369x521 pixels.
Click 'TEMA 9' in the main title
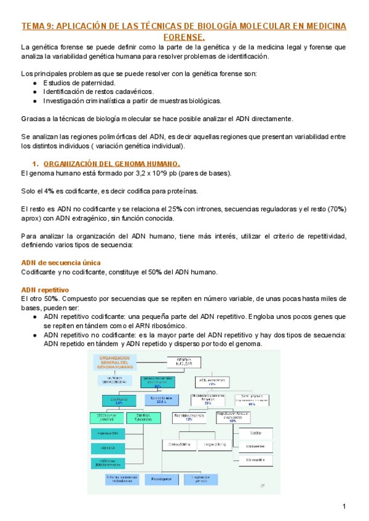coord(38,26)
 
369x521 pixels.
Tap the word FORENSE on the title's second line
coord(183,37)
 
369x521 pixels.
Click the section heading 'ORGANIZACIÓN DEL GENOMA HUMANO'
coord(112,164)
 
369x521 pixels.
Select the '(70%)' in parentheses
coord(335,209)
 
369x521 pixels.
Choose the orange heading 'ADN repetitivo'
coord(44,289)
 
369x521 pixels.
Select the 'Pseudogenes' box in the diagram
coord(161,479)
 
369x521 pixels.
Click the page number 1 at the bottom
coord(345,506)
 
